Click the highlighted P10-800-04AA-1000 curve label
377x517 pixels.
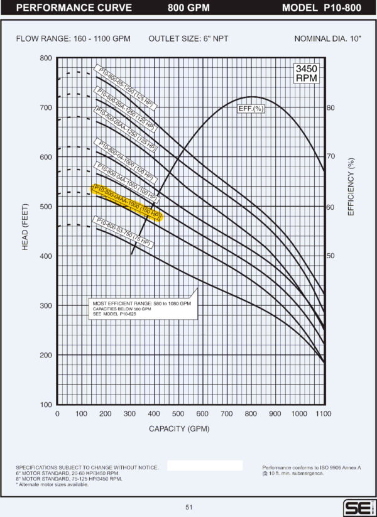point(126,203)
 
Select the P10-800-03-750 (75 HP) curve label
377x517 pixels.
point(123,231)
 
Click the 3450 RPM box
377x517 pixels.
point(307,73)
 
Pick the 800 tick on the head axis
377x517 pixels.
point(45,58)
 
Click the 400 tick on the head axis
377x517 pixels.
point(45,256)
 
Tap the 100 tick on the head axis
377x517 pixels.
point(45,405)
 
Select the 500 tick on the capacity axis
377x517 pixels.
point(178,413)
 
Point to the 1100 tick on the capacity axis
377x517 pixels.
point(323,413)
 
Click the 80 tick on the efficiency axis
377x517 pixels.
point(331,107)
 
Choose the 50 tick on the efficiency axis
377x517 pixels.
point(331,256)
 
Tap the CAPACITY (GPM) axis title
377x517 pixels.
point(178,429)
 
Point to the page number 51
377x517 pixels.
point(189,507)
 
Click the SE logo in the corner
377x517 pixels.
point(356,507)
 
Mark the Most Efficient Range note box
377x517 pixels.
point(142,308)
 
